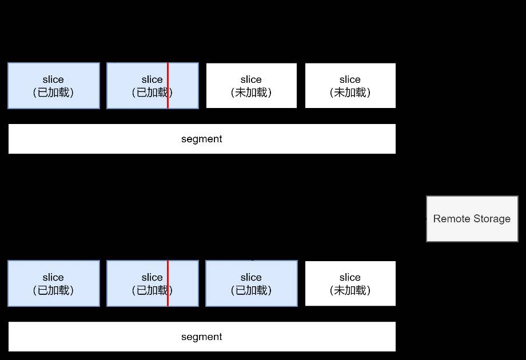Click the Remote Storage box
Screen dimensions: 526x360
pos(472,218)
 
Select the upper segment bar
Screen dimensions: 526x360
pos(202,139)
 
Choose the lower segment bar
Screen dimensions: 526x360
pos(202,337)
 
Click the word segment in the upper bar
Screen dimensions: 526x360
pos(202,139)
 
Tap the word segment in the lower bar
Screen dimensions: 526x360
pos(202,337)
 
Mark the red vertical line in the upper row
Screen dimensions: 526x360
pos(168,86)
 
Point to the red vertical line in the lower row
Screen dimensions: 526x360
pos(168,283)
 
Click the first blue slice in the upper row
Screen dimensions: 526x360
pos(54,86)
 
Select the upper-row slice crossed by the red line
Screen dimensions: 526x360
pos(153,86)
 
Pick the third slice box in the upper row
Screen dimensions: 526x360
pos(252,86)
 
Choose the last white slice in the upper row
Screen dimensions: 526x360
pos(350,86)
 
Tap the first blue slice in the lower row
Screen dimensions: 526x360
pos(54,283)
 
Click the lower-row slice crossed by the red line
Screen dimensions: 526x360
pos(153,283)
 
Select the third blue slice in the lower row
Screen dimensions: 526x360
pos(252,283)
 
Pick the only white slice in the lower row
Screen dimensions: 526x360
pos(350,283)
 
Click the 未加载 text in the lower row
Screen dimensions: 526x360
pos(350,290)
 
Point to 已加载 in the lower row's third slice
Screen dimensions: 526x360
pos(251,290)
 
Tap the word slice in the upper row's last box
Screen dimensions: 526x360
pos(350,79)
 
